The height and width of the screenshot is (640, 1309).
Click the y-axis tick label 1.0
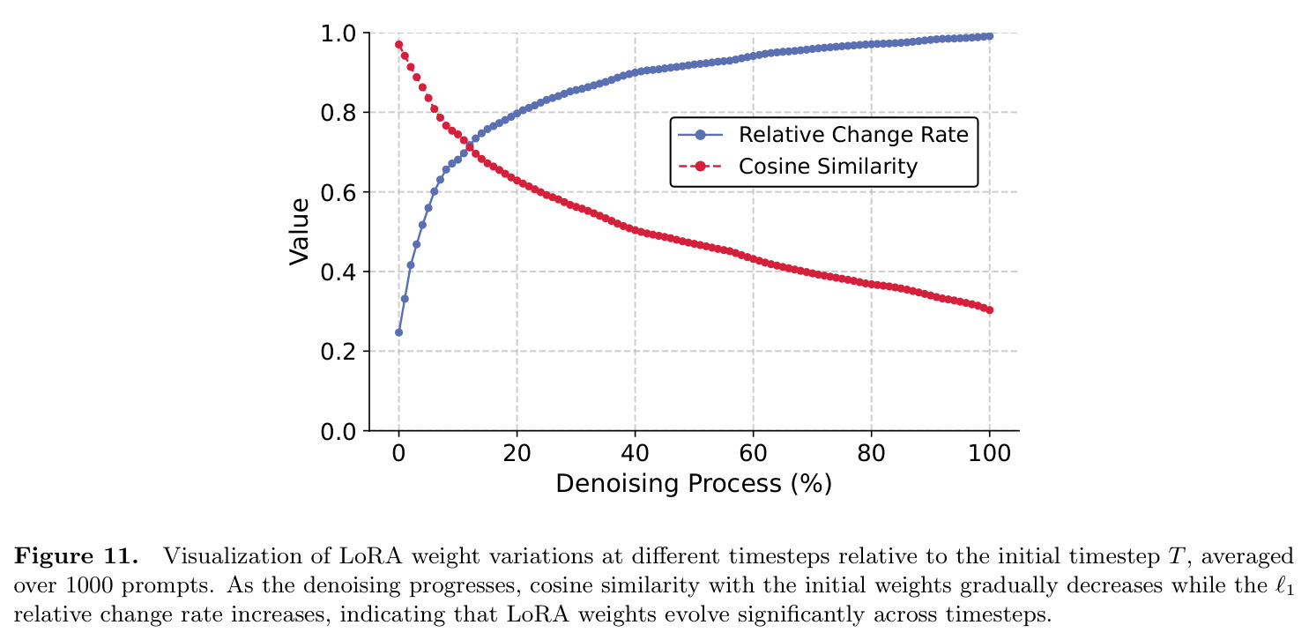point(338,33)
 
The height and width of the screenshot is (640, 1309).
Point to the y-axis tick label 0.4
point(338,272)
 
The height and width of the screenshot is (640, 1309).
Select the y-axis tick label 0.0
point(338,432)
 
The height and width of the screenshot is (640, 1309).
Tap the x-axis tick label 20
point(517,453)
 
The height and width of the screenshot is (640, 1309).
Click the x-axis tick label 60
point(753,453)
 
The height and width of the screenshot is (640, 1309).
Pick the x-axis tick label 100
point(989,453)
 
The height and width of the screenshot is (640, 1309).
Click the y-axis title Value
point(299,232)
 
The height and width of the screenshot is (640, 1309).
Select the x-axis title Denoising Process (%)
point(694,484)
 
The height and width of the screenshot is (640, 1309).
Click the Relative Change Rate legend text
point(853,134)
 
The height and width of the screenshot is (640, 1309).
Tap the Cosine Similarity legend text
point(828,166)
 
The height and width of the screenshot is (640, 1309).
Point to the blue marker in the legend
point(700,135)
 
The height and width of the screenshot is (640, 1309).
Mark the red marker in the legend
point(700,167)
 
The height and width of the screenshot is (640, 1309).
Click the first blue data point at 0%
point(398,332)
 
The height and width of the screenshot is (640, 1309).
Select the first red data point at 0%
point(398,44)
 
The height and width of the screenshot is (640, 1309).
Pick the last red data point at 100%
point(989,309)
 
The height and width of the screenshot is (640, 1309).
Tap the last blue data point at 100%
point(989,36)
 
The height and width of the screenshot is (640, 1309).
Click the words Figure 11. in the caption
point(76,556)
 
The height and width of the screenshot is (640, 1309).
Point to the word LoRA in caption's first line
point(370,556)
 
